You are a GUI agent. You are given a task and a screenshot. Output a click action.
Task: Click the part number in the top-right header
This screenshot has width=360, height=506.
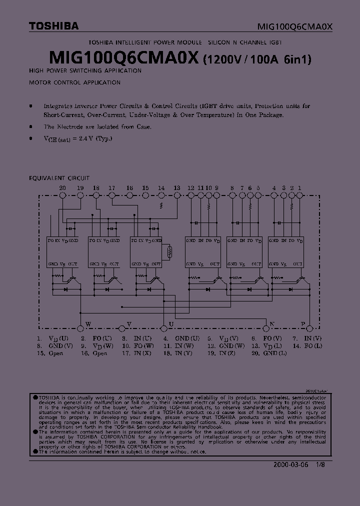point(294,26)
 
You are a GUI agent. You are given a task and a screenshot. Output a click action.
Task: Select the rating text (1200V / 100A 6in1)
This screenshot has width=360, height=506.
point(257,59)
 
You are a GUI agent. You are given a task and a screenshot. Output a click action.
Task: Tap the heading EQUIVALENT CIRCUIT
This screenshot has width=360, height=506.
point(59,177)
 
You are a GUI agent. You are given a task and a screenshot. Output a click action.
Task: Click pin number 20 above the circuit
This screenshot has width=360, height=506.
point(62,188)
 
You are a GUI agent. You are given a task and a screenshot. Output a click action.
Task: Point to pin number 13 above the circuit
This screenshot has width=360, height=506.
point(176,188)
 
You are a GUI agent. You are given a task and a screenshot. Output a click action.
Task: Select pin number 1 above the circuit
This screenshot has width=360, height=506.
point(299,188)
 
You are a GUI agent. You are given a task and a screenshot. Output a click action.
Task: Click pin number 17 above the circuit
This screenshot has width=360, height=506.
point(111,188)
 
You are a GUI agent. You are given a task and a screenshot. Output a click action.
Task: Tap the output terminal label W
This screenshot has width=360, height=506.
point(88,324)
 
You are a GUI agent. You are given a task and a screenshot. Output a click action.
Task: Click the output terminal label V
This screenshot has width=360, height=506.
point(128,324)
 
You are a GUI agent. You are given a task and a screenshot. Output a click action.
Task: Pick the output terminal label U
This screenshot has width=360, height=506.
point(171,324)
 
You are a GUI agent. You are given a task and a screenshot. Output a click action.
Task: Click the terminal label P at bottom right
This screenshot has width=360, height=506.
point(302,324)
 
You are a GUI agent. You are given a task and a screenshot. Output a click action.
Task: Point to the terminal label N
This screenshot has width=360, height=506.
point(272,324)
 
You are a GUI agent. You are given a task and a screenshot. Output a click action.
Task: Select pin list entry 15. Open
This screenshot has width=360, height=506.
point(49,353)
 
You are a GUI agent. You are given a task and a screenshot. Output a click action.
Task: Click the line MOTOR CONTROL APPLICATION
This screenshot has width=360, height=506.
point(74,82)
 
